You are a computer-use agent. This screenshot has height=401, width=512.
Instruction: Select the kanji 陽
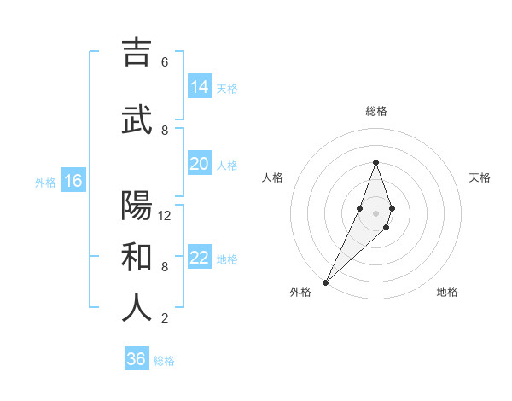(137, 206)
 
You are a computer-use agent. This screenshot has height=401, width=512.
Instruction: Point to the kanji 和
(137, 257)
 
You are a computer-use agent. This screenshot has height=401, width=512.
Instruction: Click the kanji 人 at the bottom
(137, 307)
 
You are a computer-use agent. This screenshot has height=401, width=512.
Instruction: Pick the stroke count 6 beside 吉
(165, 62)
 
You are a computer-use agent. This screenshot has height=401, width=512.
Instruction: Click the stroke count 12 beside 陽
(165, 216)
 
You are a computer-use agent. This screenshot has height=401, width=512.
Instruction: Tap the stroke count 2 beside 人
(165, 318)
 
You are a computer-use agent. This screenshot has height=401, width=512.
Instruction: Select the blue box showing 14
(200, 86)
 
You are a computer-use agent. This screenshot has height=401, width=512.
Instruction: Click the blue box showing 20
(200, 163)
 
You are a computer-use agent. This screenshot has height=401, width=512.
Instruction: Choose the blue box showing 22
(200, 257)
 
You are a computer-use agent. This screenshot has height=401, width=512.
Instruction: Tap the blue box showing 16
(73, 180)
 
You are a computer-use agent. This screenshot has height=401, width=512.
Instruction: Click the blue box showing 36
(137, 359)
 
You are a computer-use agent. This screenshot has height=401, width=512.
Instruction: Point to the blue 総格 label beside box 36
(164, 361)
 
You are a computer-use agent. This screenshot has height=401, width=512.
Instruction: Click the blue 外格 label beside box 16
(45, 182)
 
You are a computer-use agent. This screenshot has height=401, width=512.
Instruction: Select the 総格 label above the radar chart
(375, 111)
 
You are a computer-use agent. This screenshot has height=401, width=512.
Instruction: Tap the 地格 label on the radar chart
(447, 293)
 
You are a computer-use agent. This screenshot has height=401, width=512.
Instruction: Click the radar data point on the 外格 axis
(325, 282)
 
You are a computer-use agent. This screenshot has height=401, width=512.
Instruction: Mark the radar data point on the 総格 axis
(375, 162)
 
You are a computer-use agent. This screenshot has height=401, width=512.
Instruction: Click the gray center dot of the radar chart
(375, 212)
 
